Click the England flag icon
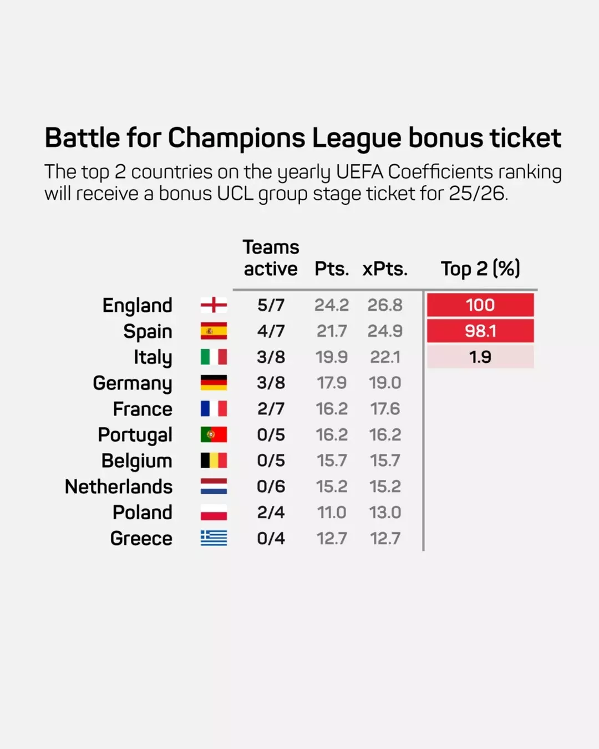click(x=214, y=305)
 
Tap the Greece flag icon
click(x=214, y=538)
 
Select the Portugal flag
click(x=214, y=434)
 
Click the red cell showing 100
click(x=480, y=305)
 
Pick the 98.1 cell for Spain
click(x=480, y=331)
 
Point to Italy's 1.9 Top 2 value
click(x=480, y=357)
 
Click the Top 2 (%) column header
click(x=480, y=269)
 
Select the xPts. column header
click(x=385, y=269)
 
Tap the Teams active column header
click(x=271, y=258)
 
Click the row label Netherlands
click(x=119, y=487)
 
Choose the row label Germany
click(x=133, y=383)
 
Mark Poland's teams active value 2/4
click(x=271, y=512)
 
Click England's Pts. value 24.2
click(x=332, y=305)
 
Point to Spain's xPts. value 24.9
click(x=385, y=331)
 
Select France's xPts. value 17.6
click(x=385, y=409)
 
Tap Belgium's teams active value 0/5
click(x=271, y=460)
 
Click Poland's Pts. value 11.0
click(x=332, y=512)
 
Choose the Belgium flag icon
click(x=214, y=460)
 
